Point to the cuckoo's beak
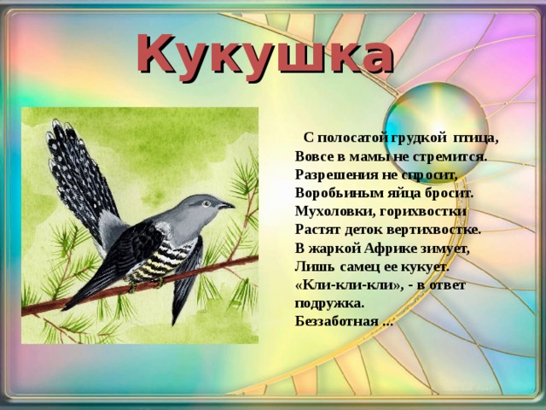click(x=228, y=205)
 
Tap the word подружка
click(x=329, y=303)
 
